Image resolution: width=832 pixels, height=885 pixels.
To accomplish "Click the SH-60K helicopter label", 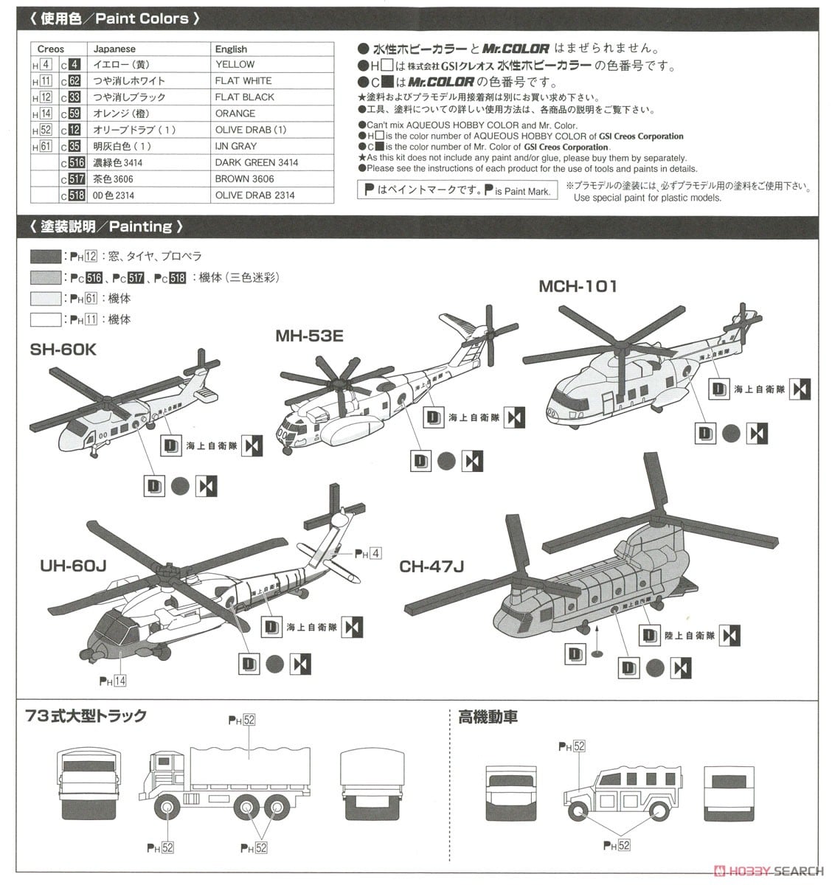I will click(x=63, y=350).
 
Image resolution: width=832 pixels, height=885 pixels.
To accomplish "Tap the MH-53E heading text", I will click(x=309, y=336).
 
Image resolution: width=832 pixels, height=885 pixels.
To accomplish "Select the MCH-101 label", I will click(x=578, y=286).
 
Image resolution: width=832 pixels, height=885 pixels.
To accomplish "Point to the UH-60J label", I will click(x=74, y=566).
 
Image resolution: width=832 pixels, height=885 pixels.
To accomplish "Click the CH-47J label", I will click(x=431, y=566).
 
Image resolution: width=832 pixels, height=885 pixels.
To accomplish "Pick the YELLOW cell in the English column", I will click(x=235, y=65).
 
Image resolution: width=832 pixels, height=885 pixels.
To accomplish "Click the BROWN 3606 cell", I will click(x=244, y=178).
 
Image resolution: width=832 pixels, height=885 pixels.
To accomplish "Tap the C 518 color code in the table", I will click(x=72, y=195).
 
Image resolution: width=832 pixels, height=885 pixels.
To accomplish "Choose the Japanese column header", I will click(x=114, y=49).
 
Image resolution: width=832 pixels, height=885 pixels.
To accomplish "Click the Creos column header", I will click(x=50, y=49).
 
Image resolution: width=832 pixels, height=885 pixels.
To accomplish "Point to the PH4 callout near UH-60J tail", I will click(x=368, y=553).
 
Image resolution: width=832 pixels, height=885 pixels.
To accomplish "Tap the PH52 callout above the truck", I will click(x=241, y=720).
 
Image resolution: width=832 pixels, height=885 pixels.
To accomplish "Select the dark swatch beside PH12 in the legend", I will click(x=46, y=257).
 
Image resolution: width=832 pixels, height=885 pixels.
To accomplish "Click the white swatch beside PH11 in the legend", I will click(x=46, y=320).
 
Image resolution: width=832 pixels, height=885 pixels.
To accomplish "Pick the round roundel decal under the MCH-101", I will click(x=730, y=433).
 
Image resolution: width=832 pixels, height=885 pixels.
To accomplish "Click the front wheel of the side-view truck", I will click(x=168, y=810).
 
